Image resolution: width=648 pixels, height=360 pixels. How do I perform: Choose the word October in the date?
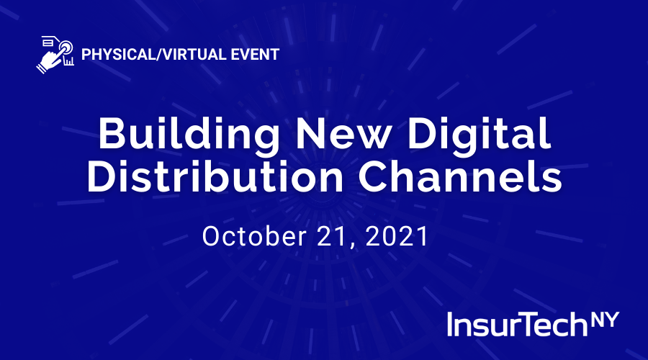pyautogui.click(x=254, y=236)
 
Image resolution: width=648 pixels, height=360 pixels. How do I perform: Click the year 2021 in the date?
pyautogui.click(x=397, y=236)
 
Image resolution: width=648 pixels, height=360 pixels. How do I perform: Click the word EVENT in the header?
pyautogui.click(x=255, y=55)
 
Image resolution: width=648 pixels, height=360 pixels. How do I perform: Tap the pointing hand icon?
pyautogui.click(x=55, y=55)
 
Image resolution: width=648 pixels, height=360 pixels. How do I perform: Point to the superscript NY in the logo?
pyautogui.click(x=605, y=320)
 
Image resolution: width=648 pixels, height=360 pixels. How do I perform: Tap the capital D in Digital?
pyautogui.click(x=423, y=133)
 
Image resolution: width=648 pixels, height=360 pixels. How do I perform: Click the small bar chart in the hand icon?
pyautogui.click(x=68, y=61)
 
